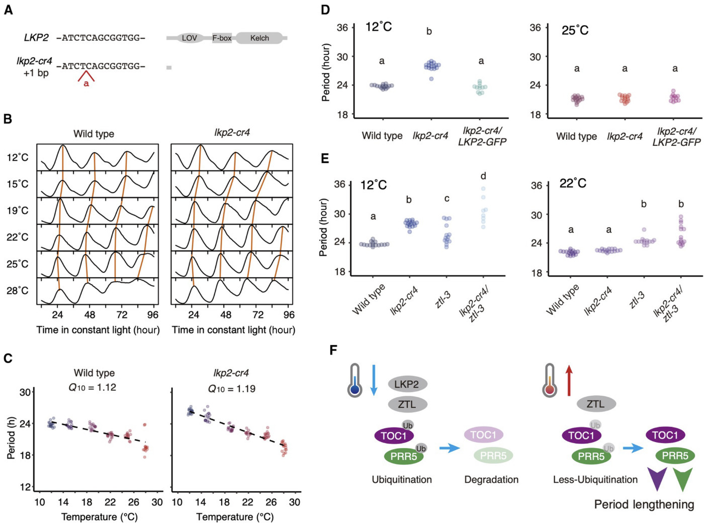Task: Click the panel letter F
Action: [333, 349]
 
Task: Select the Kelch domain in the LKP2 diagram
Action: [259, 38]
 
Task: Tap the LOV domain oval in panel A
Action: [189, 38]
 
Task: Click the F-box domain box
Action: [222, 38]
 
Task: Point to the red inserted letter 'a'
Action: [86, 83]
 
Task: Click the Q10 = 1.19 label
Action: [231, 389]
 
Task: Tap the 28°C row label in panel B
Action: [18, 291]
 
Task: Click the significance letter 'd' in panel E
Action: [483, 176]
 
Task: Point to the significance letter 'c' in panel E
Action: [447, 199]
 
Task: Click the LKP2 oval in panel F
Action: [407, 385]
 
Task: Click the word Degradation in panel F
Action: [491, 480]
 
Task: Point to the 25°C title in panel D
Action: [575, 31]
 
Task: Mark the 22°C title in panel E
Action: [573, 184]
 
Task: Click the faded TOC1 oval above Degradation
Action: [483, 435]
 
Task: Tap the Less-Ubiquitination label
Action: [595, 480]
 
